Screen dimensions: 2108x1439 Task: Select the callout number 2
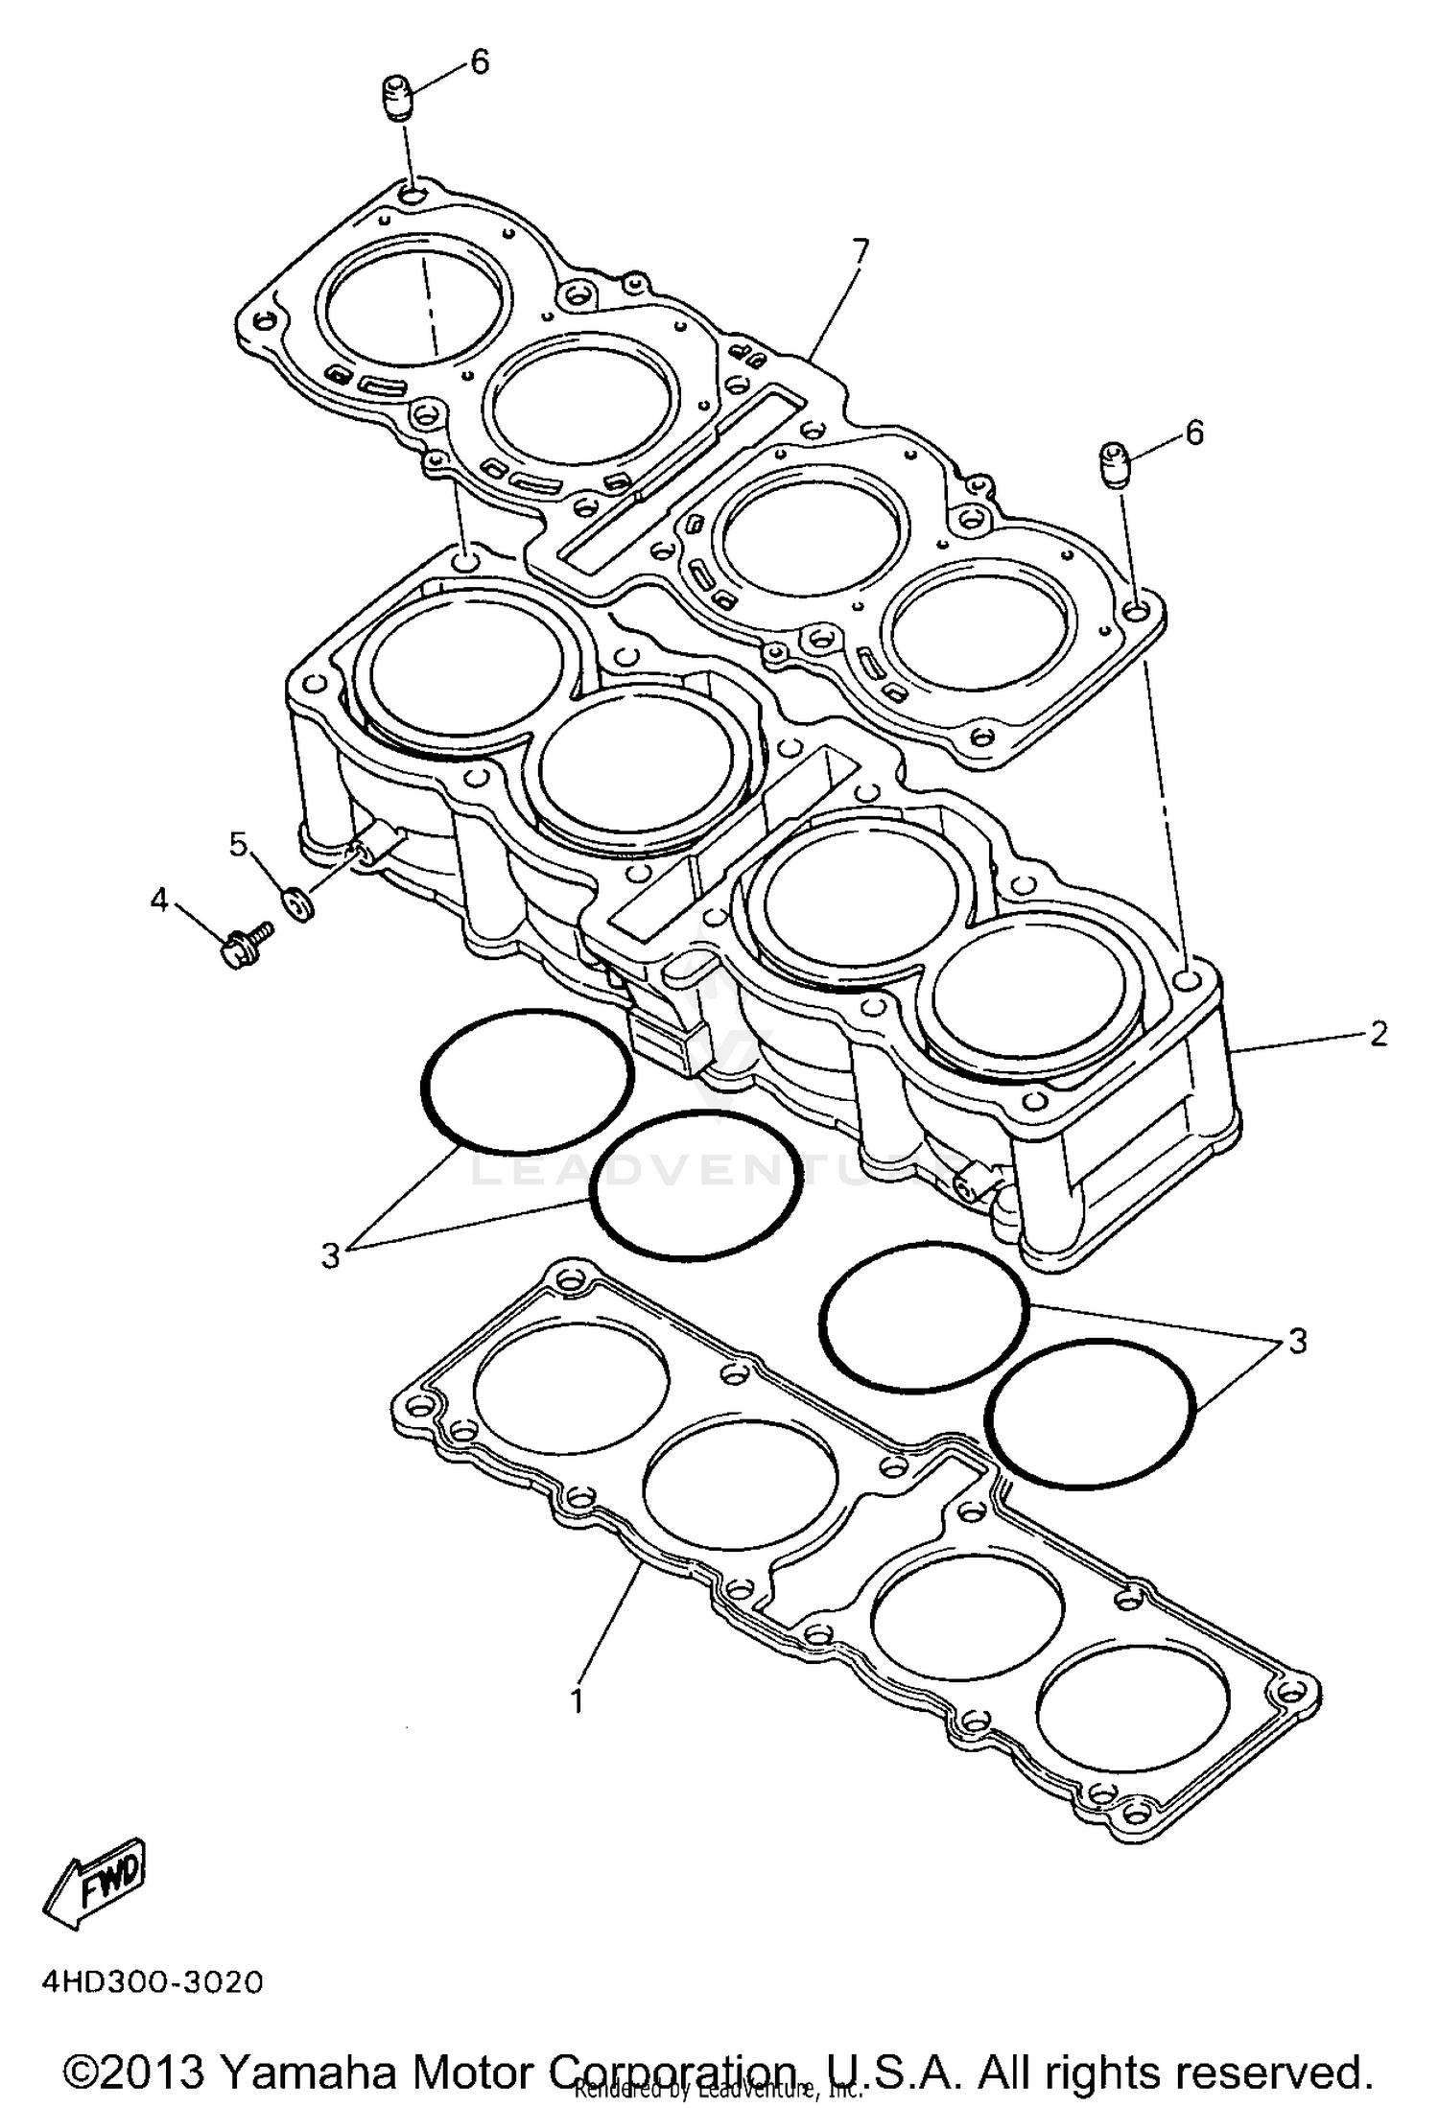1379,1034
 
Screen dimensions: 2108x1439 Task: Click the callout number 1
577,1701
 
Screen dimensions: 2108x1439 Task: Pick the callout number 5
238,844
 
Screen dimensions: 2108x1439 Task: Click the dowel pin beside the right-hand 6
1116,464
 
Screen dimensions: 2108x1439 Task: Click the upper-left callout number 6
479,62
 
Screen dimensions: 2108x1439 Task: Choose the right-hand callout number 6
1193,433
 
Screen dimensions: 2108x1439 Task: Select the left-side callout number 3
331,1254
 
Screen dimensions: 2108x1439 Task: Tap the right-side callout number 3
1297,1341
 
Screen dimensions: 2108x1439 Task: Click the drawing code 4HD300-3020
152,1982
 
